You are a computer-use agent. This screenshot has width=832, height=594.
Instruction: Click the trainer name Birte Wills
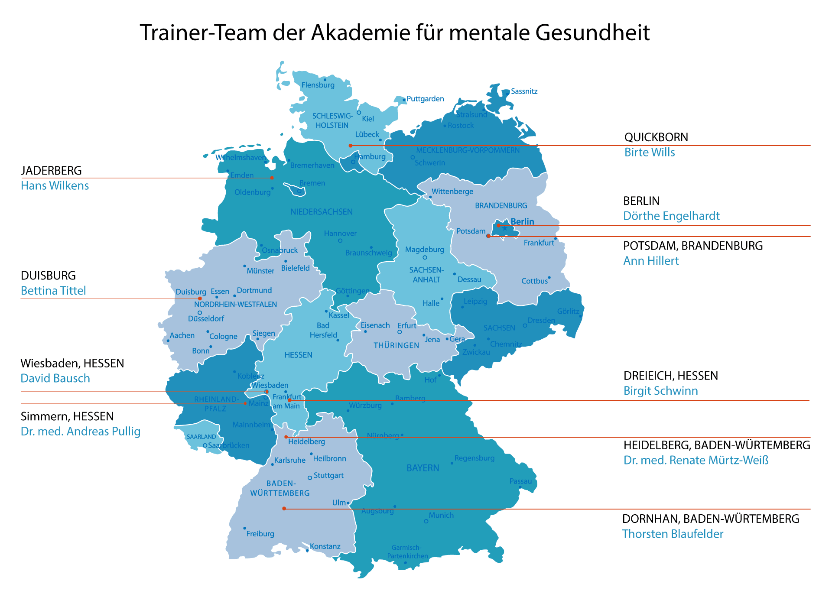coord(649,153)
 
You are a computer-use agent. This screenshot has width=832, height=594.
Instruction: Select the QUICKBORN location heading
coord(656,137)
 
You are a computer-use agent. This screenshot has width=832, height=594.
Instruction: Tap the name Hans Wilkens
coord(55,186)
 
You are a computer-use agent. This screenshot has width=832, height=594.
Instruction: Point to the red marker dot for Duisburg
coord(200,299)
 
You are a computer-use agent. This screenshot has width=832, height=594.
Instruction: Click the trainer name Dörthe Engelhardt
coord(671,216)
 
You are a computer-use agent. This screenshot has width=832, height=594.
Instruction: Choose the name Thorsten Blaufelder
coord(673,534)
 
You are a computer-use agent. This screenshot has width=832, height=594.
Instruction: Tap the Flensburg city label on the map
coord(318,85)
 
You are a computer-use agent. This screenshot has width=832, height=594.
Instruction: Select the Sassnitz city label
coord(524,91)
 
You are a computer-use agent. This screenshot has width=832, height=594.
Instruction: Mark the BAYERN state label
coord(422,468)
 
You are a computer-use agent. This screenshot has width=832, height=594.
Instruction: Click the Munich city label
coord(441,515)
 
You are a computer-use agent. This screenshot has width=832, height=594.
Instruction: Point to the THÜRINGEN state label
coord(396,346)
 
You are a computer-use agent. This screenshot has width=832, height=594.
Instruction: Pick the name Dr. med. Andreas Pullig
coord(81,432)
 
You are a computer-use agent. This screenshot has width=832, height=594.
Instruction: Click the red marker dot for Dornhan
coord(284,509)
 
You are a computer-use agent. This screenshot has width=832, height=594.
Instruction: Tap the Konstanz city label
coord(325,546)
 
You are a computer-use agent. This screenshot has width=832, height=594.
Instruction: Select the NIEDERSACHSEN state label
coord(322,212)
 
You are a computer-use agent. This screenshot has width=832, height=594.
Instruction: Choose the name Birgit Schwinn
coord(660,391)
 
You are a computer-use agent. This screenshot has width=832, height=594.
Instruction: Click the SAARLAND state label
coord(201,437)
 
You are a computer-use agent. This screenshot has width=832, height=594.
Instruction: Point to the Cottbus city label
coord(534,281)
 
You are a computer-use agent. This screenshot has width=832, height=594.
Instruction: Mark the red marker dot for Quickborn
coord(351,146)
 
